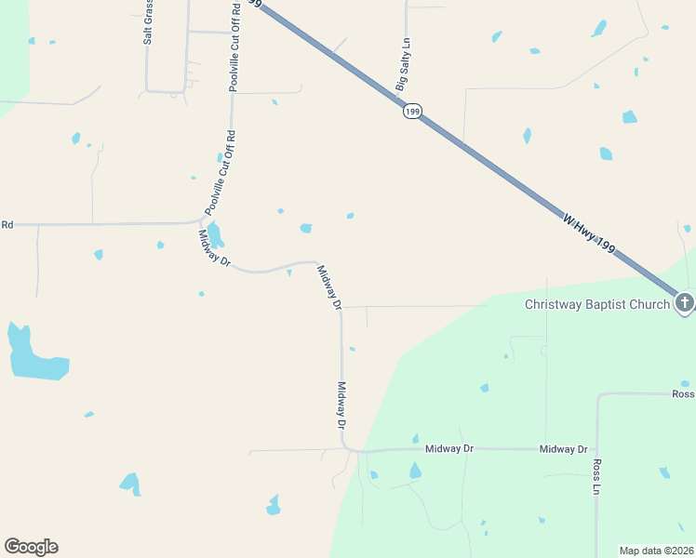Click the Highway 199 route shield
click(x=412, y=112)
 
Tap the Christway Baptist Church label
click(x=596, y=304)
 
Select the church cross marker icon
click(x=684, y=302)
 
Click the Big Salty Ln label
click(x=403, y=65)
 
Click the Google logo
click(x=31, y=547)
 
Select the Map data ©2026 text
click(x=657, y=551)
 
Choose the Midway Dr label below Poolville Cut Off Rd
click(x=214, y=248)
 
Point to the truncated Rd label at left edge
click(x=7, y=224)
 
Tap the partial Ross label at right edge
click(x=683, y=394)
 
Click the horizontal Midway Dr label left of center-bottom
click(x=449, y=448)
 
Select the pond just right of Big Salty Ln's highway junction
click(x=528, y=136)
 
